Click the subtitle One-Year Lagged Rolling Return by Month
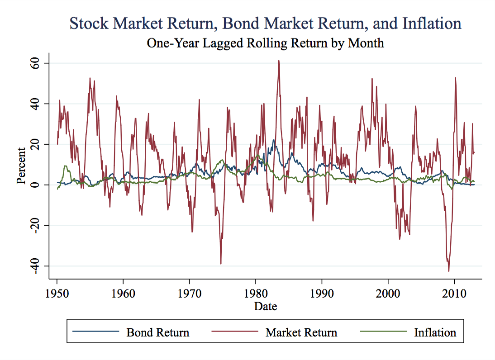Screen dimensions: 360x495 tap(265, 43)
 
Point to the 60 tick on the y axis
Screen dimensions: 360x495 tap(38, 63)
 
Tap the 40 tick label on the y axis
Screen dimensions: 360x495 tap(38, 104)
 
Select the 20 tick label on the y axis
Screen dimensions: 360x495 tap(38, 144)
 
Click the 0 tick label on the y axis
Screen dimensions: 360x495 tap(38, 185)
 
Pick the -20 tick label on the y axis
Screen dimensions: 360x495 tap(38, 225)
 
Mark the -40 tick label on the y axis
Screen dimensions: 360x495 tap(38, 265)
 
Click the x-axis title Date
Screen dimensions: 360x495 tap(265, 306)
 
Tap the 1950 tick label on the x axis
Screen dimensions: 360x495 tap(57, 292)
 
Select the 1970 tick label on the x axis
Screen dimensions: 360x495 tap(190, 292)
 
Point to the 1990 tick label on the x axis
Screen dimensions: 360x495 tap(322, 292)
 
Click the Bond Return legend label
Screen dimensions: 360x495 tap(157, 333)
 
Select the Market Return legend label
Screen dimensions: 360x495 tap(301, 333)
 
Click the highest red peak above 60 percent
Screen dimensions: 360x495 tap(279, 61)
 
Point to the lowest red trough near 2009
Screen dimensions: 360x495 tap(449, 271)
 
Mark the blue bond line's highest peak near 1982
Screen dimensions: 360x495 tap(274, 140)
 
